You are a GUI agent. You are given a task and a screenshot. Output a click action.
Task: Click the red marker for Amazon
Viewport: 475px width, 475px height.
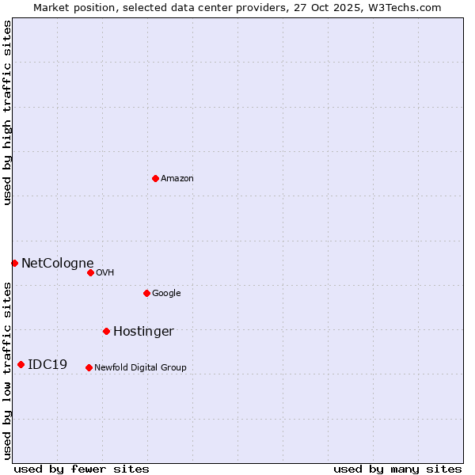155,178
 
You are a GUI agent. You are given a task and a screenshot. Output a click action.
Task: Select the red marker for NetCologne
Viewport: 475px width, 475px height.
14,263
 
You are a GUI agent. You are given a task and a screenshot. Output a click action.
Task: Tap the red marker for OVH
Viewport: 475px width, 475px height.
90,272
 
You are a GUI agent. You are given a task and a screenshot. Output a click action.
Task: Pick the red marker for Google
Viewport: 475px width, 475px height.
146,293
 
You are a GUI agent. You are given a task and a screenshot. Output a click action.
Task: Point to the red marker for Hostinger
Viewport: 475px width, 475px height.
106,331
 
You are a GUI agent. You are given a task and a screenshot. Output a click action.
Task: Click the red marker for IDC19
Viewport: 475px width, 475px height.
21,364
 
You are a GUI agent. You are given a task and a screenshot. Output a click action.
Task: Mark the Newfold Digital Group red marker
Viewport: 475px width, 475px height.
89,367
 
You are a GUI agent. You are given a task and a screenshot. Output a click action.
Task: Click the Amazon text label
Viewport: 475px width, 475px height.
177,178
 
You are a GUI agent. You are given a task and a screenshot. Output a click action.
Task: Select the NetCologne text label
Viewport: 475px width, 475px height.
58,263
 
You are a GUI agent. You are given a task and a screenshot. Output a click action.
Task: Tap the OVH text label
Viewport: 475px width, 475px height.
105,272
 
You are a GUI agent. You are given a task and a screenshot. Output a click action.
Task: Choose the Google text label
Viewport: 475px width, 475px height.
166,293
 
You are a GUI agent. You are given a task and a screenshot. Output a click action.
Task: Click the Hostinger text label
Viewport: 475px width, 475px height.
143,331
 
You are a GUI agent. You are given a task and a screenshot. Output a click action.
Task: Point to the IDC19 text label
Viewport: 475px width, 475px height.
47,364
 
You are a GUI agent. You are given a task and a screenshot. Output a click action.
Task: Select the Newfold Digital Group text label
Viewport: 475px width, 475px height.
140,367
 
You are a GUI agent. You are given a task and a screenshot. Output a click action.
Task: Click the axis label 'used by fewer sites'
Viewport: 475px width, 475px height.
82,469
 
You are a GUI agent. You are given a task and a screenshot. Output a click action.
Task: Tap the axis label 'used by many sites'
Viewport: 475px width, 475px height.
397,469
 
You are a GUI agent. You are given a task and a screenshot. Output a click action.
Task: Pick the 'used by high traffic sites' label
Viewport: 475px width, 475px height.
7,112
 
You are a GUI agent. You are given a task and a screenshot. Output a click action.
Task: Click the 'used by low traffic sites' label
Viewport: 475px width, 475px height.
7,370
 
